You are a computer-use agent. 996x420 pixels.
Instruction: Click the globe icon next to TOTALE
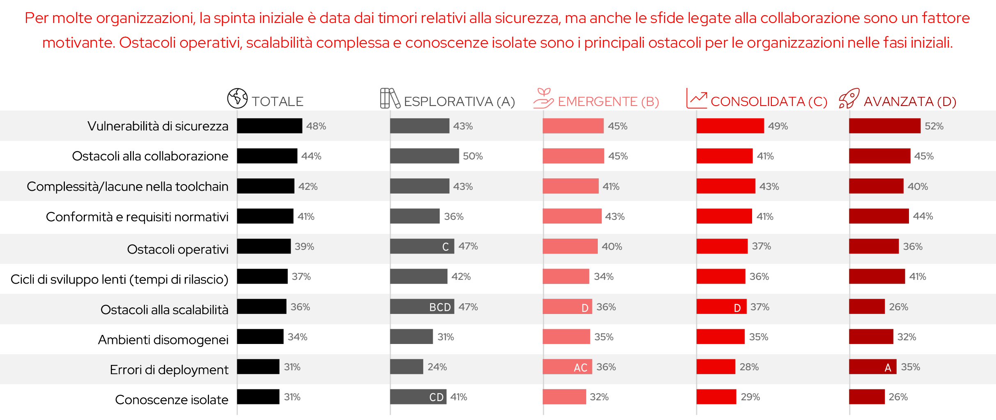(x=237, y=99)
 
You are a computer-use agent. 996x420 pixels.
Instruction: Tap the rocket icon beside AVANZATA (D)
(x=849, y=99)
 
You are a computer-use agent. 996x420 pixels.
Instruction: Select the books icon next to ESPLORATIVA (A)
(x=390, y=99)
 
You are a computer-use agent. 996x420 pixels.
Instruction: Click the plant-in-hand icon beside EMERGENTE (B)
(x=543, y=99)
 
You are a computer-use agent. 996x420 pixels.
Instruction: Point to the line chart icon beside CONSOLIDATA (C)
(x=696, y=99)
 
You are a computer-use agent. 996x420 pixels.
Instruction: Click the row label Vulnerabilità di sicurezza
(x=158, y=126)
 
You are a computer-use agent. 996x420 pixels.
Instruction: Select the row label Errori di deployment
(x=169, y=370)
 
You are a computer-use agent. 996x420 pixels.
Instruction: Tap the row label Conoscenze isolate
(x=171, y=400)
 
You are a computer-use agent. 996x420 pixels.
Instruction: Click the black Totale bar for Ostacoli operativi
(x=264, y=247)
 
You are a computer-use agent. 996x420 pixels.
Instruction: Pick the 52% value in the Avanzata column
(x=934, y=126)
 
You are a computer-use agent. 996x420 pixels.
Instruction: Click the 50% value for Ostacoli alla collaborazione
(x=473, y=156)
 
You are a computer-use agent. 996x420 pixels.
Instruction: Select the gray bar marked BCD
(x=422, y=307)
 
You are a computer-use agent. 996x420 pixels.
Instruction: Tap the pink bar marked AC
(x=567, y=367)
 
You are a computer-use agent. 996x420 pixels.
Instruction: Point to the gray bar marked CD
(x=418, y=397)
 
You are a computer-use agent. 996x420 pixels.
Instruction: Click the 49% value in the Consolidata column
(x=778, y=126)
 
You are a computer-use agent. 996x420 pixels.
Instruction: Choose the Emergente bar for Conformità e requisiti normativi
(x=572, y=216)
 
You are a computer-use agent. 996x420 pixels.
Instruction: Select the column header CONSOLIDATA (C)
(x=769, y=102)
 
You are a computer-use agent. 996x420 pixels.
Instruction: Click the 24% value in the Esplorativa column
(x=437, y=367)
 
